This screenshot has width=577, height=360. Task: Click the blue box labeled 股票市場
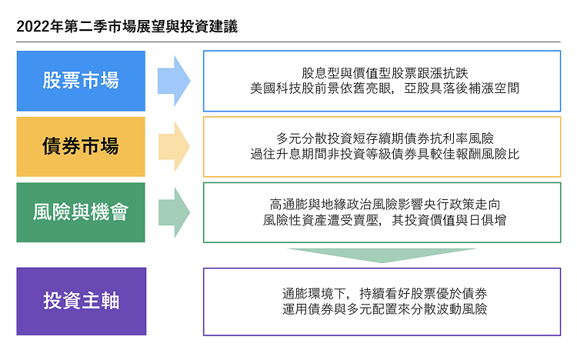pyautogui.click(x=81, y=81)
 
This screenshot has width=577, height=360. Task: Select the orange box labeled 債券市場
pyautogui.click(x=81, y=146)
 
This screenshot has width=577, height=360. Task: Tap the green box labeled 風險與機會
pyautogui.click(x=81, y=212)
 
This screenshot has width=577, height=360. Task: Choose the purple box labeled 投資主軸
pyautogui.click(x=82, y=301)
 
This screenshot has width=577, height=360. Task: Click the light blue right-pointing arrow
pyautogui.click(x=174, y=81)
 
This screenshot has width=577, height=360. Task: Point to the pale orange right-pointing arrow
pyautogui.click(x=174, y=146)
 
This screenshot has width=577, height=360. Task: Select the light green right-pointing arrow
pyautogui.click(x=174, y=212)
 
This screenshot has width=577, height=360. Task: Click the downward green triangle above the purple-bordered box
pyautogui.click(x=382, y=255)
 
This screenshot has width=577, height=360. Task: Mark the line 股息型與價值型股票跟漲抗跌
pyautogui.click(x=385, y=73)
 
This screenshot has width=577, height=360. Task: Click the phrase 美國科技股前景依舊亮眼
pyautogui.click(x=321, y=88)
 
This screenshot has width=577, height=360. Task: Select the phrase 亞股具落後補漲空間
pyautogui.click(x=462, y=88)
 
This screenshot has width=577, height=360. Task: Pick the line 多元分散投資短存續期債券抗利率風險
pyautogui.click(x=385, y=138)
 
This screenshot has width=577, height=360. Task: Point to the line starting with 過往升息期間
pyautogui.click(x=385, y=155)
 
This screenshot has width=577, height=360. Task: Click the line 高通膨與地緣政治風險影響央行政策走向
pyautogui.click(x=385, y=205)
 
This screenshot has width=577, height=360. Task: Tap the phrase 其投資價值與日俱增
pyautogui.click(x=449, y=220)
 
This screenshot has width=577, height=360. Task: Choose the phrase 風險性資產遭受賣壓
pyautogui.click(x=321, y=220)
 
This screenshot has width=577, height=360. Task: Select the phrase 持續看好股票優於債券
pyautogui.click(x=423, y=293)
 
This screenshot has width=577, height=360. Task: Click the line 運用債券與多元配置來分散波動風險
pyautogui.click(x=385, y=308)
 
